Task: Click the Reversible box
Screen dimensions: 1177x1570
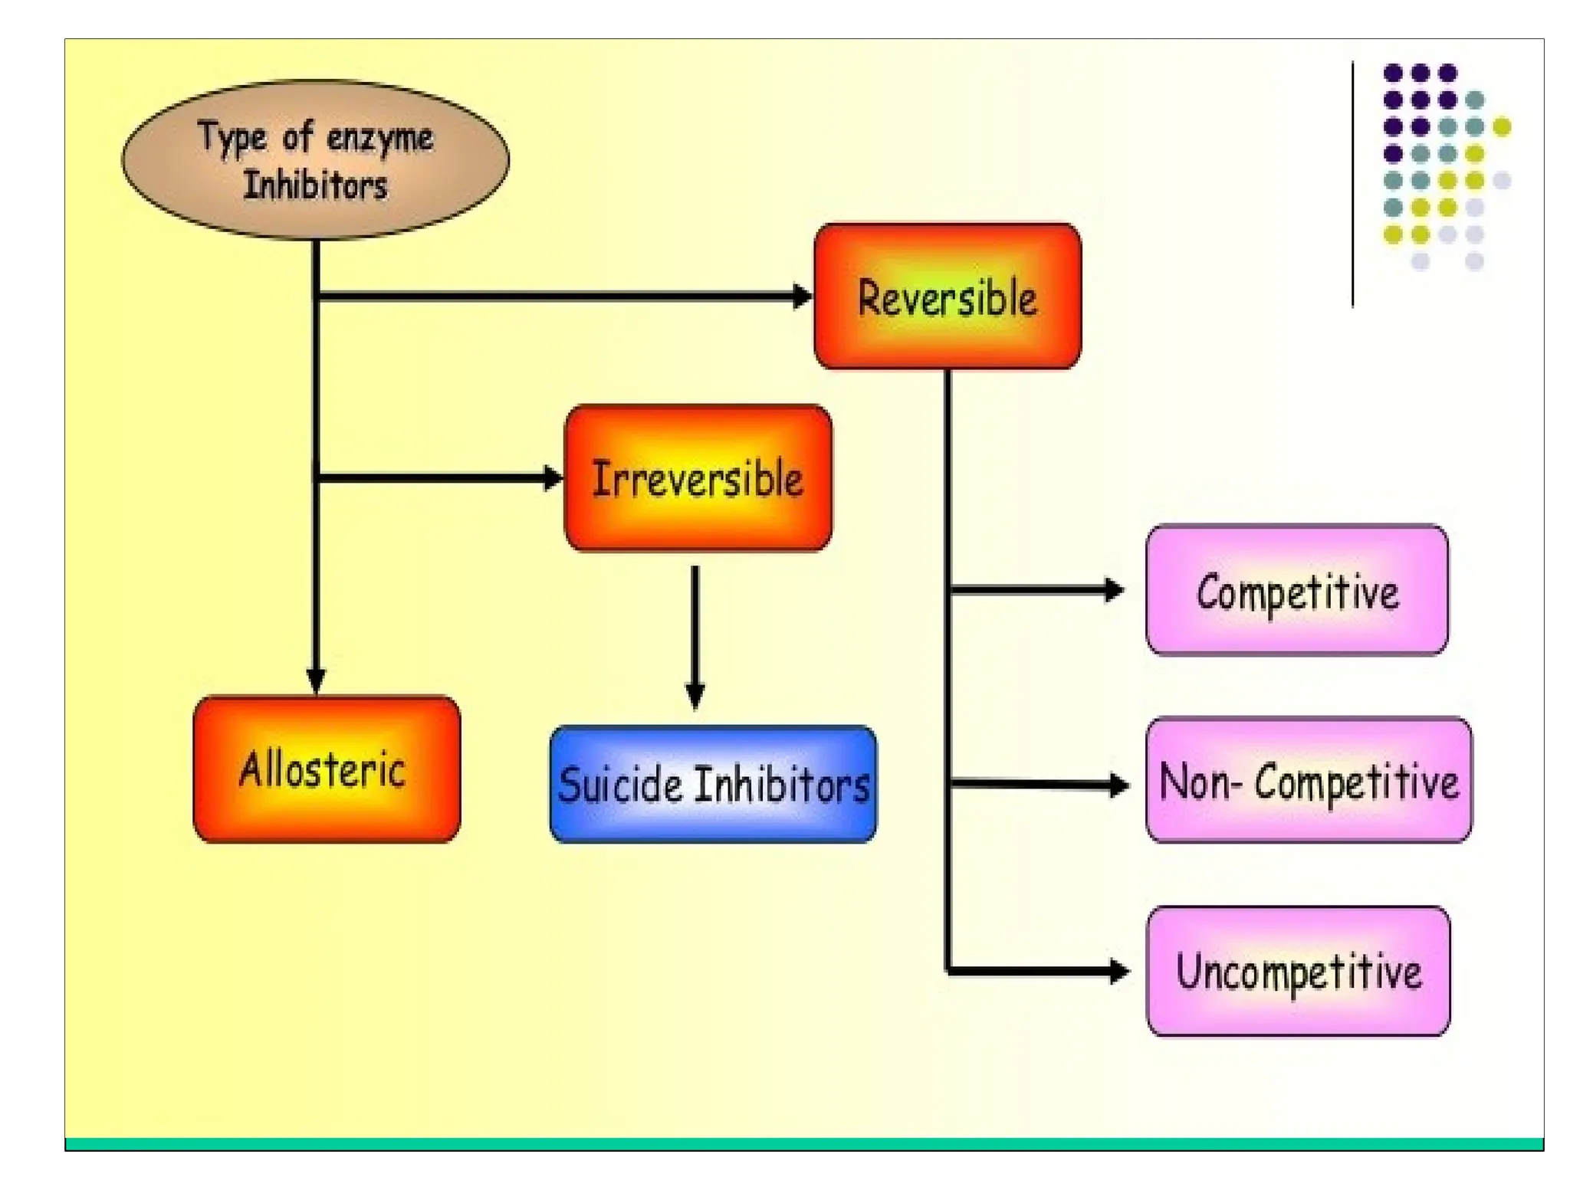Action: pyautogui.click(x=948, y=296)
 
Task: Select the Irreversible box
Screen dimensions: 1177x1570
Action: pyautogui.click(x=698, y=478)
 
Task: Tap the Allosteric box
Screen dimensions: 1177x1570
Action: pyautogui.click(x=327, y=769)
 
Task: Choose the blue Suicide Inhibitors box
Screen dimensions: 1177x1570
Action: pyautogui.click(x=713, y=784)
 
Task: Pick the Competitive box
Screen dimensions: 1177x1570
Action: pyautogui.click(x=1297, y=590)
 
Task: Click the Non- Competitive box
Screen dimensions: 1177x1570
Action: pyautogui.click(x=1309, y=780)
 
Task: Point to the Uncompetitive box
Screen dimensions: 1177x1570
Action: pyautogui.click(x=1298, y=971)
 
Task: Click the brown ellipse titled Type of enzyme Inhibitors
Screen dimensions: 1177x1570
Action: pyautogui.click(x=315, y=160)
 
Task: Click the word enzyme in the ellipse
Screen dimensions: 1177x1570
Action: pyautogui.click(x=379, y=138)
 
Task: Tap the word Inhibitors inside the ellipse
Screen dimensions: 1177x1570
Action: pyautogui.click(x=315, y=185)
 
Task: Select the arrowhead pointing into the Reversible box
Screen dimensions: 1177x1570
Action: pyautogui.click(x=802, y=296)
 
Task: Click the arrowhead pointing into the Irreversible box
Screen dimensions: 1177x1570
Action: pyautogui.click(x=553, y=478)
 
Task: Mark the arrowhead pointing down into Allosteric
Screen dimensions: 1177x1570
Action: pyautogui.click(x=316, y=680)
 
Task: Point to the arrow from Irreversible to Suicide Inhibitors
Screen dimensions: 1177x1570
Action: pyautogui.click(x=695, y=636)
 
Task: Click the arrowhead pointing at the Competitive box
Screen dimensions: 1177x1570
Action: pyautogui.click(x=1114, y=590)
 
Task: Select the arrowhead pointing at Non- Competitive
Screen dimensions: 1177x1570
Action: pyautogui.click(x=1118, y=784)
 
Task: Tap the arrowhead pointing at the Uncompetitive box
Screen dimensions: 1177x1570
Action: pyautogui.click(x=1118, y=971)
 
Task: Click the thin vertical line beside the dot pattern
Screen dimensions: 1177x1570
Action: pyautogui.click(x=1352, y=184)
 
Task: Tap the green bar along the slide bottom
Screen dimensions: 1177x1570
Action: pyautogui.click(x=803, y=1143)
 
